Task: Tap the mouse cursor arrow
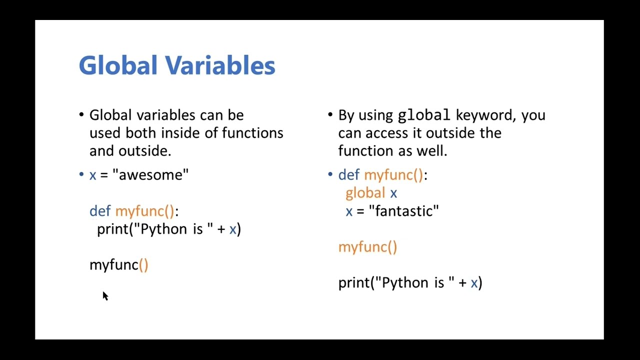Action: click(x=105, y=296)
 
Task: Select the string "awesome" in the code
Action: click(x=150, y=175)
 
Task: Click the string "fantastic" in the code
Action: click(x=404, y=211)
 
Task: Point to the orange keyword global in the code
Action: click(x=365, y=193)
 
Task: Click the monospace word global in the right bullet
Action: click(x=424, y=115)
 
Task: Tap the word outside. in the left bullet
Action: click(x=145, y=151)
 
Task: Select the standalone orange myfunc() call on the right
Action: click(x=367, y=247)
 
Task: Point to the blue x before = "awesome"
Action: click(x=92, y=175)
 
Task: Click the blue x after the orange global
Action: click(x=393, y=193)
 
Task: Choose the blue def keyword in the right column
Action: click(x=349, y=175)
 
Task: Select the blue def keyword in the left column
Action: click(x=100, y=211)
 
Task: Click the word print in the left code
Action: click(x=112, y=229)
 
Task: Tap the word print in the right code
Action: click(x=353, y=283)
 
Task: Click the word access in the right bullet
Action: click(x=385, y=133)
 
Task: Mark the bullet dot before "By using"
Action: click(x=330, y=114)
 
